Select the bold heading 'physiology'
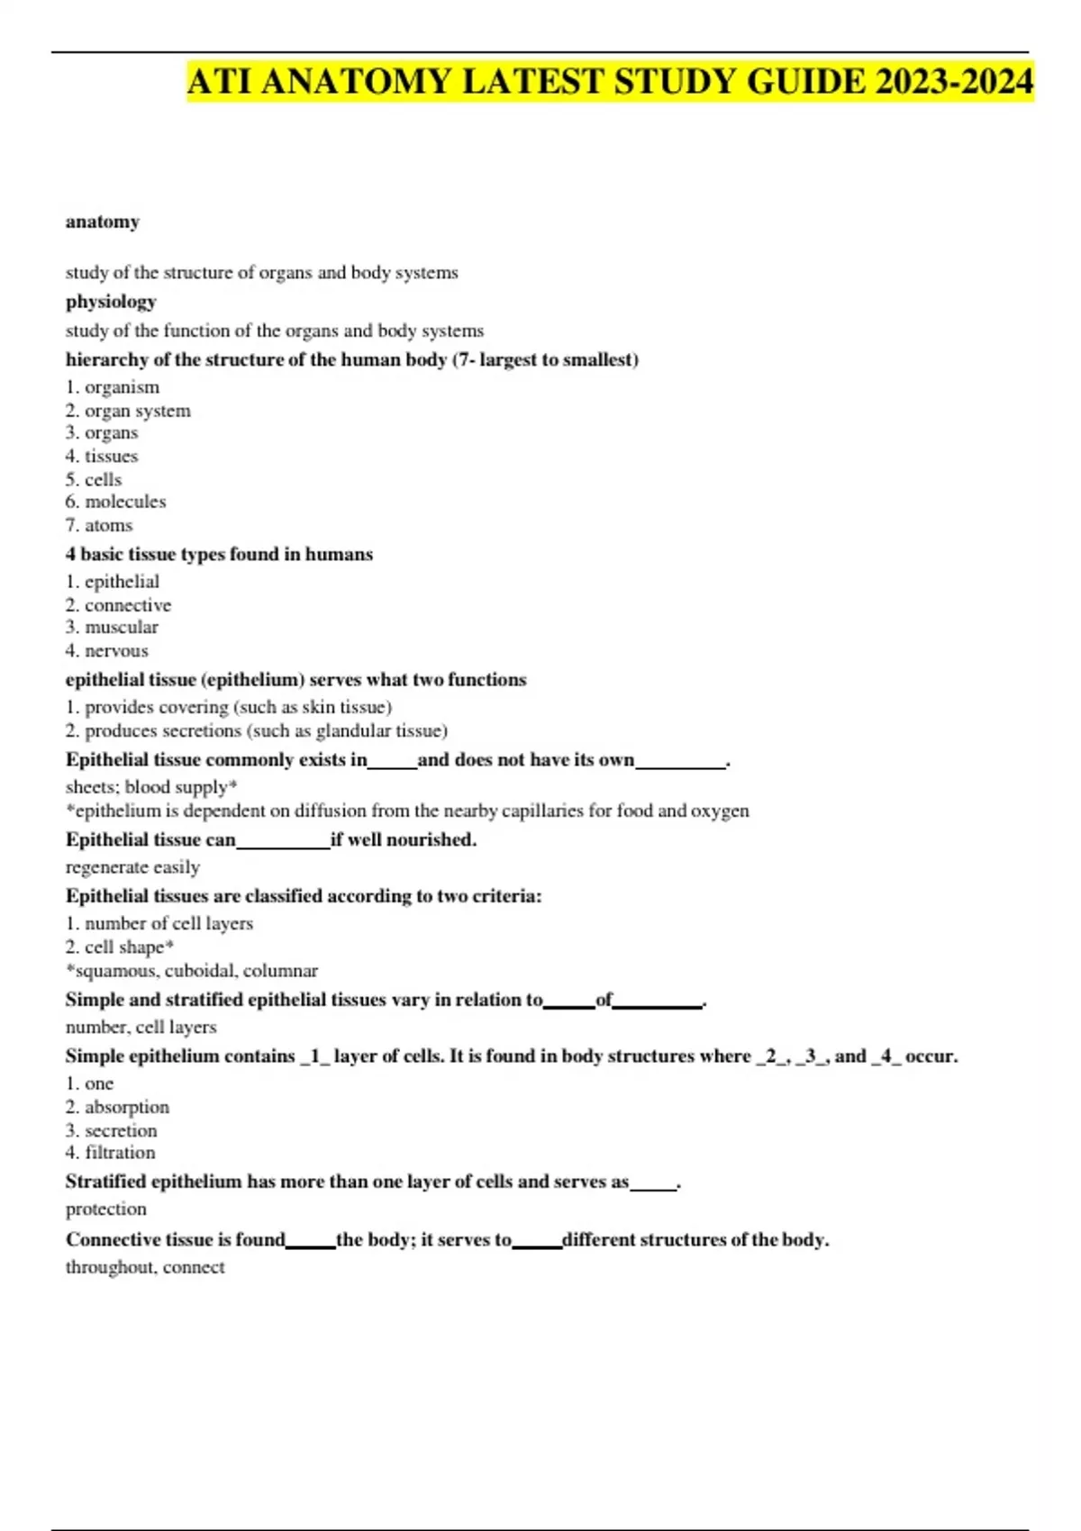111,302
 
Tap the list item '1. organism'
113,387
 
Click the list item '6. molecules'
115,502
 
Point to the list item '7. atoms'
99,525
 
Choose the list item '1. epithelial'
113,582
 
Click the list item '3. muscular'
112,627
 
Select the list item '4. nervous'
107,650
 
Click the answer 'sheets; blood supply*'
151,787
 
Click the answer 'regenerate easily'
132,867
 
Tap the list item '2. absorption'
117,1107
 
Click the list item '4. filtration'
110,1153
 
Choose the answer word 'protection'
105,1209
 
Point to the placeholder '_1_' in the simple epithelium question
314,1056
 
